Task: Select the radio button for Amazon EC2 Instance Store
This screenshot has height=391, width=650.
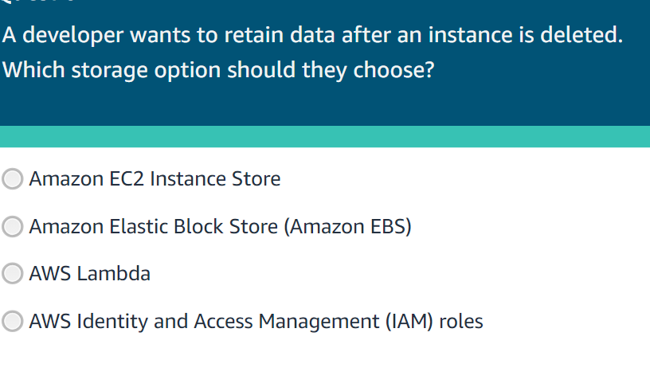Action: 13,179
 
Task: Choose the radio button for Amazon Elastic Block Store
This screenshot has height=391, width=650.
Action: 13,227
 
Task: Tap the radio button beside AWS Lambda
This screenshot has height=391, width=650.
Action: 13,274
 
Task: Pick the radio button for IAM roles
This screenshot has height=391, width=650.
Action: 13,322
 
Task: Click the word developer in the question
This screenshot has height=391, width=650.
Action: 68,36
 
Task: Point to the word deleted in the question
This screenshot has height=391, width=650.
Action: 581,36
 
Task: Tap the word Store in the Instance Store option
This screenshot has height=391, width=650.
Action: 256,179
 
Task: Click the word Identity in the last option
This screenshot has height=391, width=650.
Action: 108,322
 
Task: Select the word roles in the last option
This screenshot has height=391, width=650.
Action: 461,322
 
